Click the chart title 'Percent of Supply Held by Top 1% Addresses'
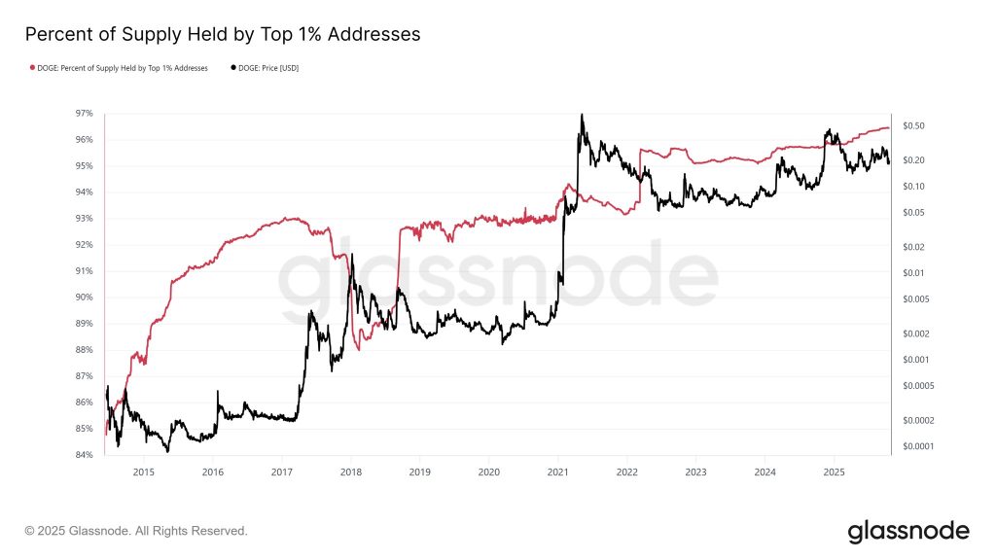[222, 34]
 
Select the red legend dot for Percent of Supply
[32, 68]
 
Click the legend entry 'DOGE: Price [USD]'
[270, 68]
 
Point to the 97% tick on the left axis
[85, 114]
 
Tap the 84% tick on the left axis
[85, 455]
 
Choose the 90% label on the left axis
[85, 297]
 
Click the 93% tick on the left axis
[85, 219]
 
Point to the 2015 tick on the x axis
[143, 472]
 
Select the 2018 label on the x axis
[350, 472]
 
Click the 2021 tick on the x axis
[558, 472]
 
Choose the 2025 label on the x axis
[834, 472]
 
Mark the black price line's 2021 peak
[582, 115]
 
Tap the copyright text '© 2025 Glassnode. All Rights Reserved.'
[136, 531]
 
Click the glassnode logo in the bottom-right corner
[908, 531]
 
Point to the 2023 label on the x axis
[696, 472]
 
